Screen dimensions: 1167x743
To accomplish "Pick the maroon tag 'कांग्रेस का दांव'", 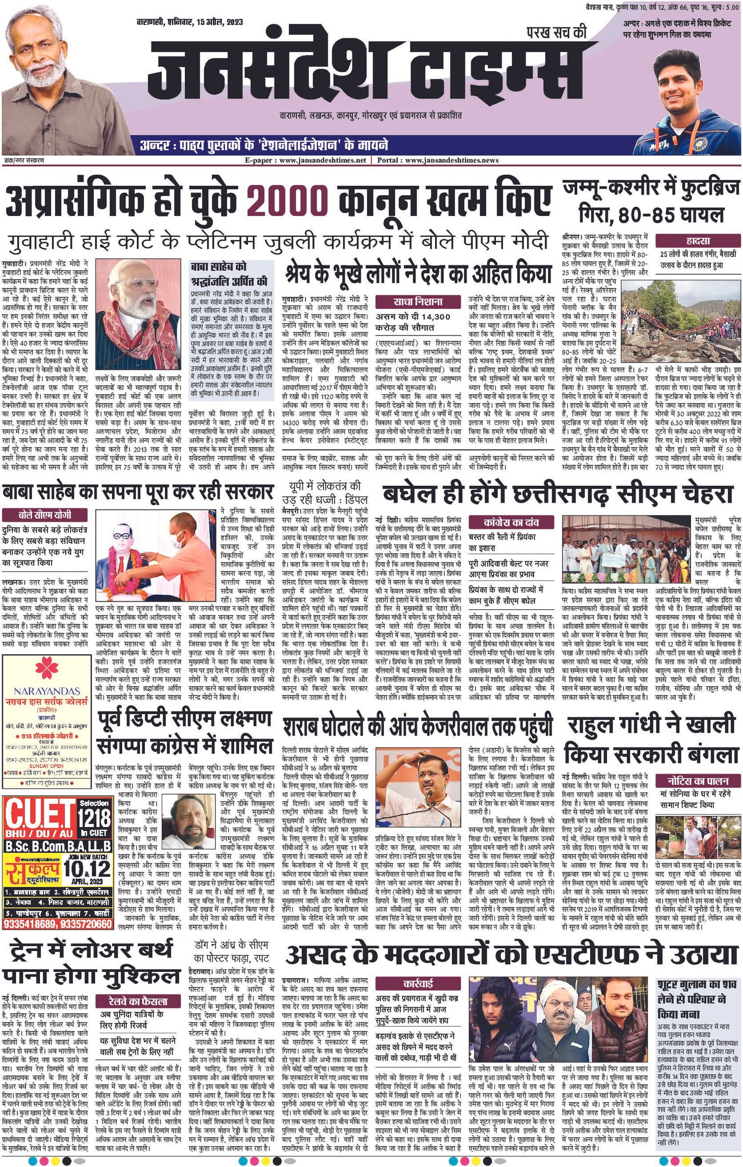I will click(x=512, y=522).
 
